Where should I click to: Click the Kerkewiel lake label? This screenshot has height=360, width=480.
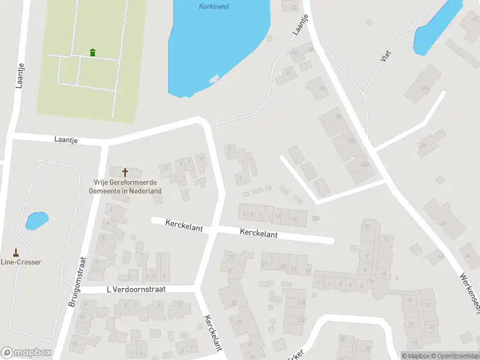tap(214, 7)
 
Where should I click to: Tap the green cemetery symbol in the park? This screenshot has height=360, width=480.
tap(92, 53)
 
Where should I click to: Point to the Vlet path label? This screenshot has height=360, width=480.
tap(385, 56)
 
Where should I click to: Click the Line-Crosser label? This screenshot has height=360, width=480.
tap(20, 262)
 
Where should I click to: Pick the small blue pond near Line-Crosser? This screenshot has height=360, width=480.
tap(37, 221)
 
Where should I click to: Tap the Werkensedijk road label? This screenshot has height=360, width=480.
tap(470, 294)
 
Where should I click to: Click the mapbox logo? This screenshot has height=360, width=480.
tap(26, 353)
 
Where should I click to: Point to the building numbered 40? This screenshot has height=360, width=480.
tap(443, 223)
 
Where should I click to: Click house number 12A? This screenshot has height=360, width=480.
tap(315, 218)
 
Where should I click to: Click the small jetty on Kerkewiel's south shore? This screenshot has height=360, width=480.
tap(213, 79)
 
